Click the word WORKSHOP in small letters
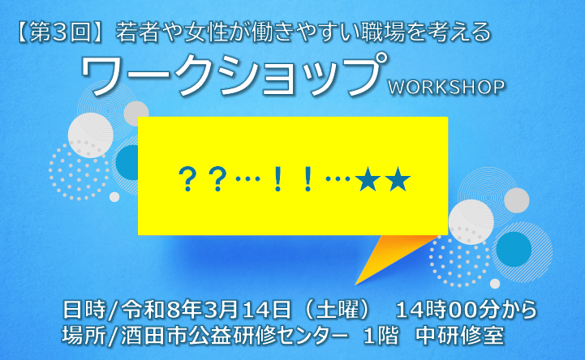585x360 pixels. [446, 86]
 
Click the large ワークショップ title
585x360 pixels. [231, 75]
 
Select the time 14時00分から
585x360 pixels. [466, 310]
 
